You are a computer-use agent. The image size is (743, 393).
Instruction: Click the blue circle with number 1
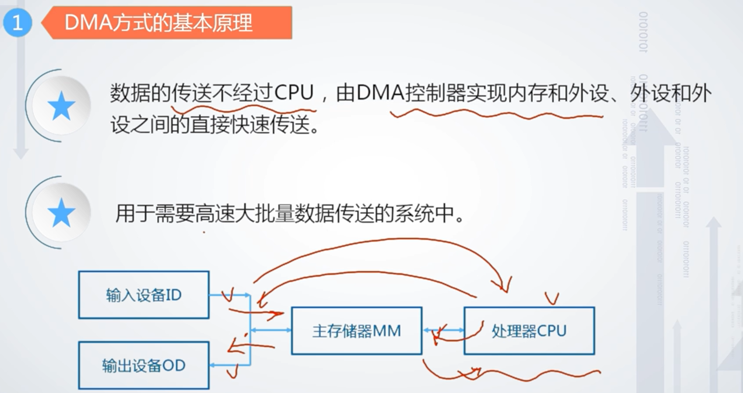pyautogui.click(x=18, y=22)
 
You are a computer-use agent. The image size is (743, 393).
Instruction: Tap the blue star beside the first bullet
pyautogui.click(x=61, y=106)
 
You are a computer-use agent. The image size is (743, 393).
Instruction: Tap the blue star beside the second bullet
pyautogui.click(x=61, y=213)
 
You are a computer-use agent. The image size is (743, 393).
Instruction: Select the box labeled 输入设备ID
pyautogui.click(x=144, y=295)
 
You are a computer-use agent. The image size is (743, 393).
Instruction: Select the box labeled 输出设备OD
pyautogui.click(x=144, y=365)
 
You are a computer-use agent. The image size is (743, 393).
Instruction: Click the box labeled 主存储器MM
pyautogui.click(x=356, y=331)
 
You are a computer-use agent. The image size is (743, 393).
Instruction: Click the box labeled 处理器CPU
pyautogui.click(x=529, y=331)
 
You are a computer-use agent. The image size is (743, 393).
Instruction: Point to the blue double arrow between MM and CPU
pyautogui.click(x=443, y=330)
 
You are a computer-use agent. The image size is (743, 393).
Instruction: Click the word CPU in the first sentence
pyautogui.click(x=294, y=92)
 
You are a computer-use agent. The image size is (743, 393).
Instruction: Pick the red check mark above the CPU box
pyautogui.click(x=552, y=298)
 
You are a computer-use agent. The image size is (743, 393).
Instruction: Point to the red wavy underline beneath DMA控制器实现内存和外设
pyautogui.click(x=495, y=115)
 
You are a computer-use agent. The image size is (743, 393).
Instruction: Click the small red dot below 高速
pyautogui.click(x=204, y=233)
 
